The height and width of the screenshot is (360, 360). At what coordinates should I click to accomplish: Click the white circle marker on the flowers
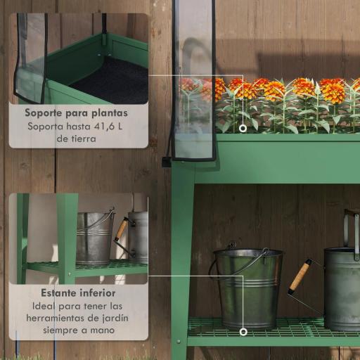coord(243,128)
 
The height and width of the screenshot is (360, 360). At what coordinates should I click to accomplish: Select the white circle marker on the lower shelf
coord(243,331)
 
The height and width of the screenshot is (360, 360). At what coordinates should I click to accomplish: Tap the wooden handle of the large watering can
coord(300,276)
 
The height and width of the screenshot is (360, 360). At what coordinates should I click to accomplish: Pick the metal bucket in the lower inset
coord(94,238)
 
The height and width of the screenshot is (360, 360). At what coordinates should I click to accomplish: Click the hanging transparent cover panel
coord(193,84)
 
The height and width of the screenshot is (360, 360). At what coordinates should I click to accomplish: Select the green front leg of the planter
coord(181,267)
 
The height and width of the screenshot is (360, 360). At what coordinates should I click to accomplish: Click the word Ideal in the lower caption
coord(46,306)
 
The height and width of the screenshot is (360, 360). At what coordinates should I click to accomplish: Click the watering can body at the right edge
coord(343,288)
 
